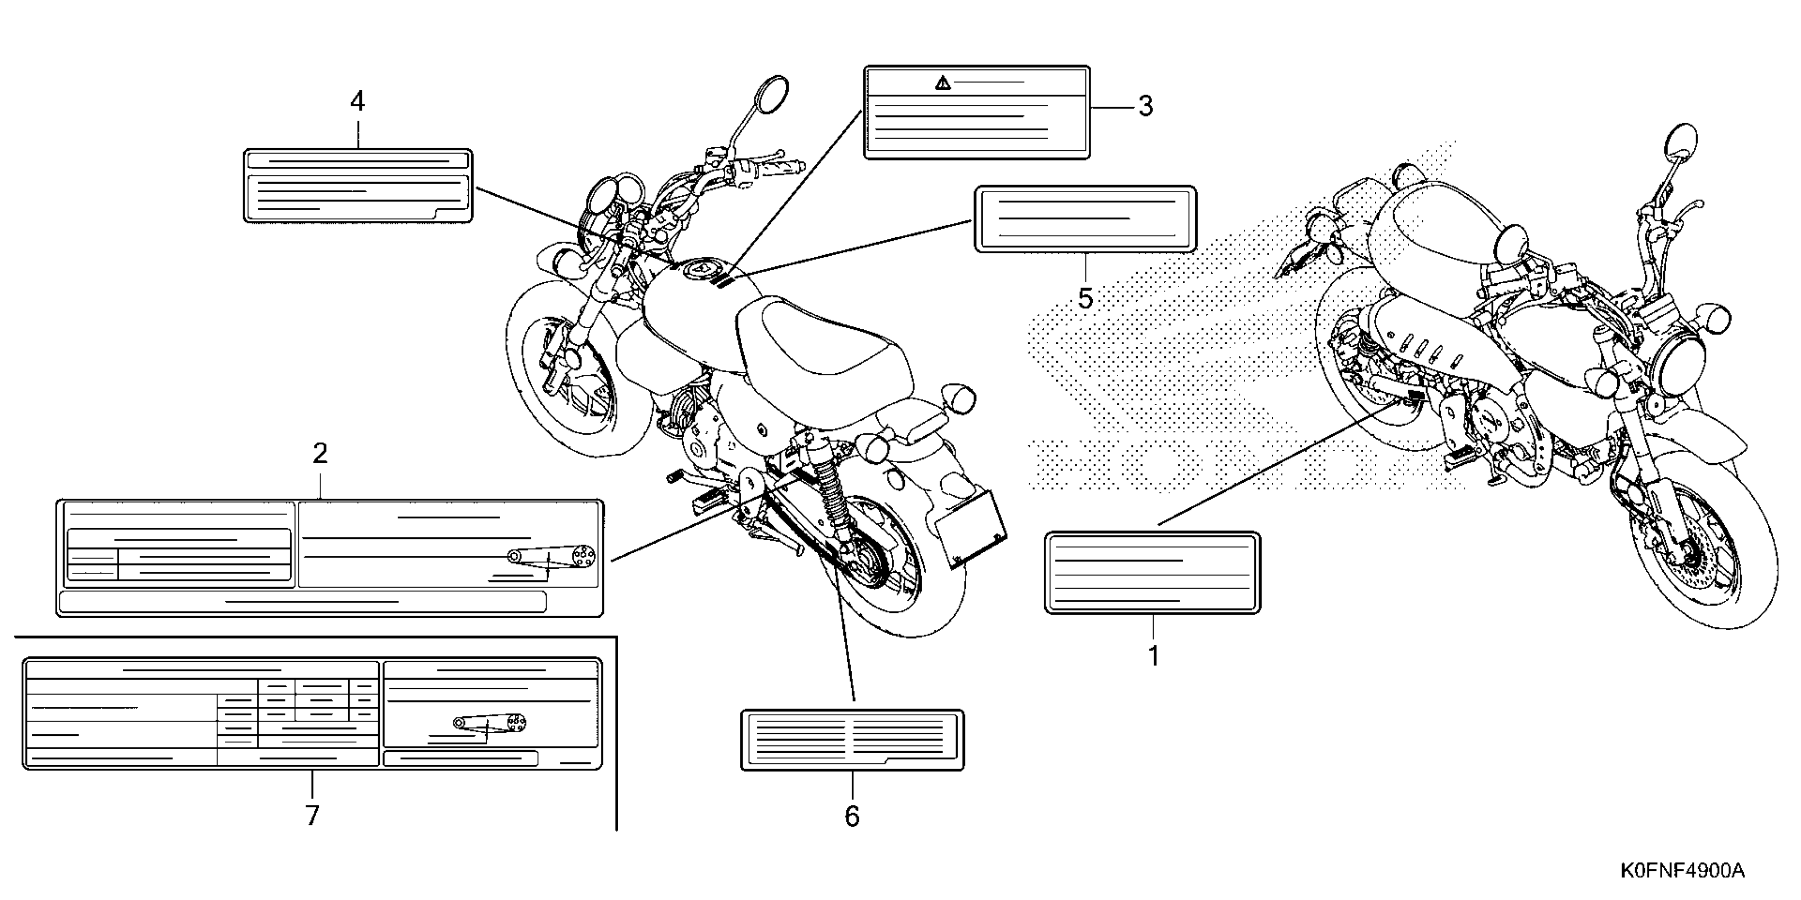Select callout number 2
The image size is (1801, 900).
tap(320, 454)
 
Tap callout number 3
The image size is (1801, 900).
tap(1145, 106)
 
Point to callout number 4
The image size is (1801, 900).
tap(357, 102)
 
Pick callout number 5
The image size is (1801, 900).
tap(1085, 299)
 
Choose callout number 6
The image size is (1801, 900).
tap(852, 815)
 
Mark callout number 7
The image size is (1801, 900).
tap(313, 815)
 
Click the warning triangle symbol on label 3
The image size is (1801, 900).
tap(943, 84)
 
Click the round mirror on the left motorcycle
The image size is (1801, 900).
tap(772, 94)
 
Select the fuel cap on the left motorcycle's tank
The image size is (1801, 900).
tap(701, 269)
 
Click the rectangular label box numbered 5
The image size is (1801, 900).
tap(1085, 219)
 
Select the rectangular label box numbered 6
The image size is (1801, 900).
tap(852, 740)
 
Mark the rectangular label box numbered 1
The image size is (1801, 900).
tap(1152, 573)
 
